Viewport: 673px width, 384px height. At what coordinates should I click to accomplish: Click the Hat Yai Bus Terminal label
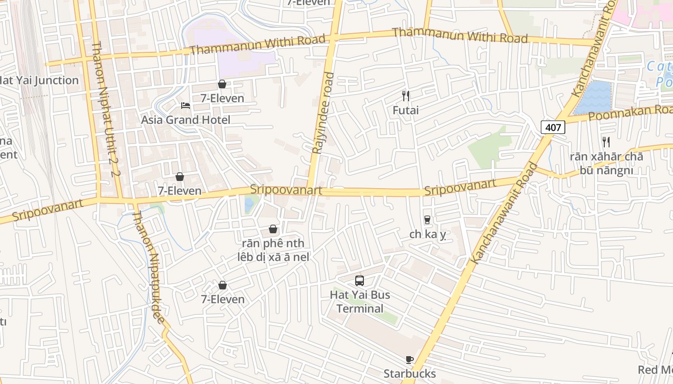(x=360, y=301)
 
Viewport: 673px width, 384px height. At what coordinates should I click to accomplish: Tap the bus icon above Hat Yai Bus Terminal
(x=360, y=281)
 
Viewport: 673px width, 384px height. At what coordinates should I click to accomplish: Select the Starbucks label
(x=410, y=373)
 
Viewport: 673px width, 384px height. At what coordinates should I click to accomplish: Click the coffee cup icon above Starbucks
(x=410, y=360)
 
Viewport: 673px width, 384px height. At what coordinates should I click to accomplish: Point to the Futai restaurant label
(x=406, y=110)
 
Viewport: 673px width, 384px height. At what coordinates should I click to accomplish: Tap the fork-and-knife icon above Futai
(x=406, y=96)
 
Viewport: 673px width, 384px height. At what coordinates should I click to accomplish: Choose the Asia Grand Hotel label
(x=186, y=120)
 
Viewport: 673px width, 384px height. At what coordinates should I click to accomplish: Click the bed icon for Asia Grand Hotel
(x=186, y=106)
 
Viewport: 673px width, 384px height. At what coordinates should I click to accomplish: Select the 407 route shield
(x=553, y=128)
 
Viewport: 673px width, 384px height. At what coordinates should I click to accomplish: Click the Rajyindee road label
(x=323, y=113)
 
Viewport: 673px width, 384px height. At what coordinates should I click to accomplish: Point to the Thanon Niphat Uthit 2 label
(x=105, y=109)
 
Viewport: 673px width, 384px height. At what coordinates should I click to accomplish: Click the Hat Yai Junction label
(x=38, y=81)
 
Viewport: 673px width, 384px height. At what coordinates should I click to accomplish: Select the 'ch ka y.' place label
(x=428, y=234)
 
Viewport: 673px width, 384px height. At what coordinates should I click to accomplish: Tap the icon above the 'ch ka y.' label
(x=427, y=220)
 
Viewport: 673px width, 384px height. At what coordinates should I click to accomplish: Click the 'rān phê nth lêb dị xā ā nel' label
(x=273, y=250)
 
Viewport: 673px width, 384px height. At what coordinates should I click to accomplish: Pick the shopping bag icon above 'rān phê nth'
(x=273, y=229)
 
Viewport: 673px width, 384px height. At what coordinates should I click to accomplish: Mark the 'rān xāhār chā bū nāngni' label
(x=606, y=163)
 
